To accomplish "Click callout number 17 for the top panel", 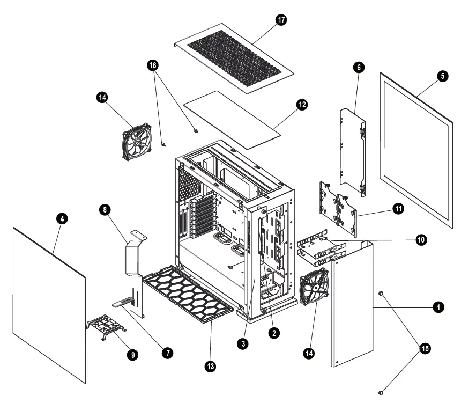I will click(x=281, y=20).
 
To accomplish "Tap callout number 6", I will click(x=359, y=67).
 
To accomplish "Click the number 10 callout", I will click(x=421, y=240).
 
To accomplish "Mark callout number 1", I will click(x=438, y=307).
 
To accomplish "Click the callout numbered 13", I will click(x=211, y=366).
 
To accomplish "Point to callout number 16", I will click(x=153, y=65).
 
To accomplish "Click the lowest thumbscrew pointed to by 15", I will click(x=382, y=393).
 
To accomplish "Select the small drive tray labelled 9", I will click(x=105, y=328).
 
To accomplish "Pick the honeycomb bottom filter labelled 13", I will click(x=188, y=294).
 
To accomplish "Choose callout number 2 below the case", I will click(x=273, y=333).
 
